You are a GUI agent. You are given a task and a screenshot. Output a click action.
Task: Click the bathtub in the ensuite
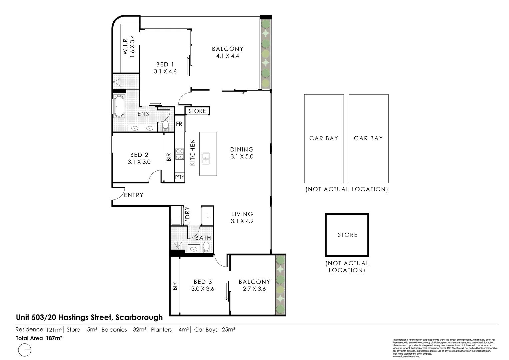pos(119,106)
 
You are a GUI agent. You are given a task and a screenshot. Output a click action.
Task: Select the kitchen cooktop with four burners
pos(180,154)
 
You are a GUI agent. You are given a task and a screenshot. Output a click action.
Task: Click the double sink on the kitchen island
pos(205,158)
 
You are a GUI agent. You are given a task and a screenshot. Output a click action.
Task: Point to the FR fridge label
pos(179,124)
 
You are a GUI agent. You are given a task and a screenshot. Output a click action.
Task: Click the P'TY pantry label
pos(179,177)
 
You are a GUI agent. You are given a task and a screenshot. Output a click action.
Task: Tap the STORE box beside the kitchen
pos(197,111)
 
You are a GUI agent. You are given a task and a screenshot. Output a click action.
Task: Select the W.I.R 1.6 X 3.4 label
pos(129,47)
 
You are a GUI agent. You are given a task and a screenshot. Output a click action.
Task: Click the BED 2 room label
pos(139,158)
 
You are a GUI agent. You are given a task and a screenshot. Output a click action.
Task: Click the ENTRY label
pos(134,195)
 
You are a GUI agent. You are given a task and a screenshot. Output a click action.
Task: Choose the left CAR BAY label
pos(324,138)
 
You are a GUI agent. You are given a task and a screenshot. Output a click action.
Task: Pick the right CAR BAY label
pos(368,138)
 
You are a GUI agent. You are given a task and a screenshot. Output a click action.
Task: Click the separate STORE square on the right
pos(347,235)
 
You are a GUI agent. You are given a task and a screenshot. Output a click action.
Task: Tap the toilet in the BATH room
pos(206,247)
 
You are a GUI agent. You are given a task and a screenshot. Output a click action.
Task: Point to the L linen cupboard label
pos(207,216)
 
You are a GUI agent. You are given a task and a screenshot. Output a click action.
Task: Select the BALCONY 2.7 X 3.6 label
pos(254,285)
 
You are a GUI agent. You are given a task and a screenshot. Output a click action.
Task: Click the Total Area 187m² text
pos(39,338)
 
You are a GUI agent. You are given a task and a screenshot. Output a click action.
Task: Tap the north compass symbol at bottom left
pos(25,351)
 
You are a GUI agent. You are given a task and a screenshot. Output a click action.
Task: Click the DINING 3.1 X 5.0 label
pos(242,153)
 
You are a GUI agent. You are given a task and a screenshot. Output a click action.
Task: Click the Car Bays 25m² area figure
pos(215,330)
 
